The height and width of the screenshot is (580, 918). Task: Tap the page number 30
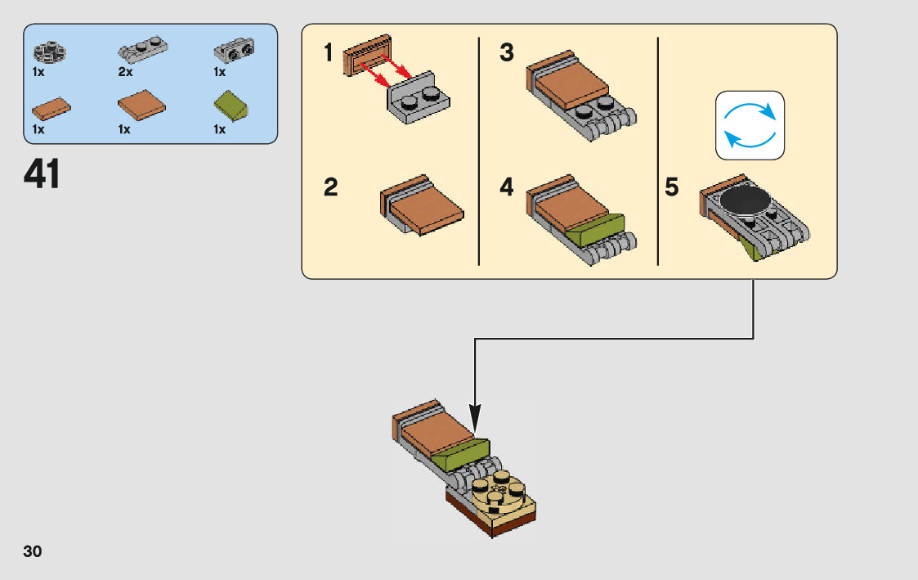pos(33,551)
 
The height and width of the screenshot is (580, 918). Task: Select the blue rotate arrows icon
pos(750,125)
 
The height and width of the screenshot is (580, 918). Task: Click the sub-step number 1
pos(329,54)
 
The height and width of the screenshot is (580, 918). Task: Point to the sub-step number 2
pos(330,188)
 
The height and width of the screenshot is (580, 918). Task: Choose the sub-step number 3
pos(507,54)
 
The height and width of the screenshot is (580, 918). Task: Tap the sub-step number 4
pos(507,188)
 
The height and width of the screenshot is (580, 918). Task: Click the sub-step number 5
pos(672,188)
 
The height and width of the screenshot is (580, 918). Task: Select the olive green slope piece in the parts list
pos(231,106)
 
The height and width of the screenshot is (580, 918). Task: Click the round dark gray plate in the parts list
pos(49,52)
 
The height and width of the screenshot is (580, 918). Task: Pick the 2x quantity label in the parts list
pos(124,72)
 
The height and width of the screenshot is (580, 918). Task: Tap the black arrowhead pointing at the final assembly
pos(475,415)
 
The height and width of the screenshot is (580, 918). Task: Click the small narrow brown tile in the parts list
pos(51,107)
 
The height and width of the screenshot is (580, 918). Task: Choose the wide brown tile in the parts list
pos(142,106)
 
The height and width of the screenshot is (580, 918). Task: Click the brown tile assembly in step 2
pos(421,204)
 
